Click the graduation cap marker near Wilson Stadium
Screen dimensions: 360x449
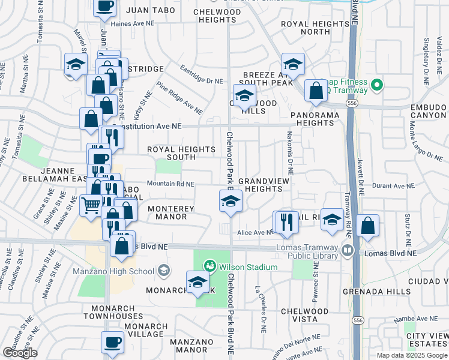click(x=198, y=283)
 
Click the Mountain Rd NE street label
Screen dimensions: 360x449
click(x=170, y=184)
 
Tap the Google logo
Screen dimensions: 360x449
click(x=20, y=353)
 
